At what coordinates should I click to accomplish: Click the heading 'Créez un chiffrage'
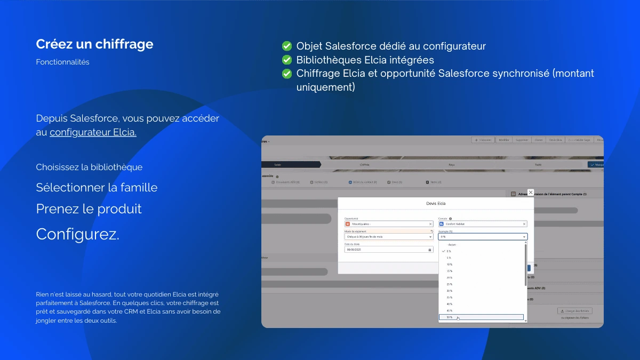click(94, 44)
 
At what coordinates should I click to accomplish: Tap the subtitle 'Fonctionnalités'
click(62, 62)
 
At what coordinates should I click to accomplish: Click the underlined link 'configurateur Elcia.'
click(93, 132)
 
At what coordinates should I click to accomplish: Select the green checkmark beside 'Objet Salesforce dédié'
click(287, 46)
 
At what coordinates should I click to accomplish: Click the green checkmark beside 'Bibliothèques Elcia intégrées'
click(287, 60)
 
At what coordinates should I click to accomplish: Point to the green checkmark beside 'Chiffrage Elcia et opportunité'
click(287, 74)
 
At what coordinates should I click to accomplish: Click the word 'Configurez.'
click(77, 234)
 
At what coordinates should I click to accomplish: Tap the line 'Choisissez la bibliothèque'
click(89, 167)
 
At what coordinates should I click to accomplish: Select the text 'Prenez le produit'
click(89, 209)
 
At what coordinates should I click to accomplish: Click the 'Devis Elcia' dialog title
click(435, 204)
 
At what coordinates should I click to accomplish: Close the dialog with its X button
click(530, 192)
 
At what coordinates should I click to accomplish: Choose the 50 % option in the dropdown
click(450, 317)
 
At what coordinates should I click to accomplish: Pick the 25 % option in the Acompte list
click(450, 284)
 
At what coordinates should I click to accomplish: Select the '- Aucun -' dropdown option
click(452, 244)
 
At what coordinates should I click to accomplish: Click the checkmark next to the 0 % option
click(443, 251)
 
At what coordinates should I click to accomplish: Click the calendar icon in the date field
click(429, 250)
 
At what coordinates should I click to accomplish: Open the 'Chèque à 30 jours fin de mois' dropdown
click(388, 237)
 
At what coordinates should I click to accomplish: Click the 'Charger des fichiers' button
click(575, 311)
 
